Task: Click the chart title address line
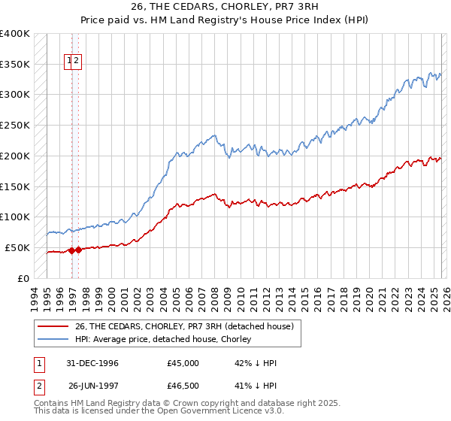(x=225, y=8)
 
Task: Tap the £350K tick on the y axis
(x=14, y=64)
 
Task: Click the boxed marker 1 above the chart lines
(x=69, y=62)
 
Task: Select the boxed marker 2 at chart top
(x=77, y=62)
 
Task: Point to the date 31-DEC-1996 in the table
(x=93, y=363)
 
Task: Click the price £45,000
(x=183, y=363)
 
